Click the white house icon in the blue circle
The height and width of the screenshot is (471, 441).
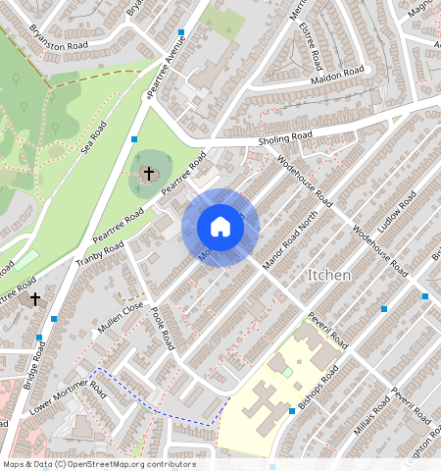click(x=220, y=227)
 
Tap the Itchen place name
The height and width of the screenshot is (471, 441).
click(x=329, y=276)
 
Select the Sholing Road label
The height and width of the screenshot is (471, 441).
click(x=284, y=137)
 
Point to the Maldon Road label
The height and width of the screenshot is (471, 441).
click(x=337, y=75)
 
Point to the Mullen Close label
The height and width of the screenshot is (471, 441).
click(x=120, y=317)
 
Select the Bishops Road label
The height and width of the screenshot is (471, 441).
click(x=318, y=390)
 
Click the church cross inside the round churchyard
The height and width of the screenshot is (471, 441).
click(x=149, y=174)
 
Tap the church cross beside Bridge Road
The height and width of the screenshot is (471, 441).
click(x=35, y=297)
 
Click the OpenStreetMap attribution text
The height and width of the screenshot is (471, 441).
click(x=99, y=463)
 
